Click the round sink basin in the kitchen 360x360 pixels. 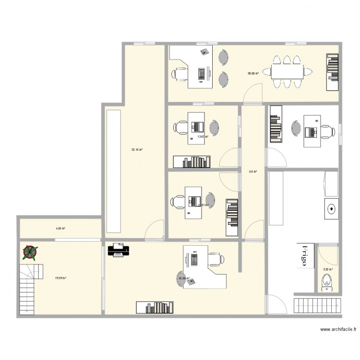click(331, 209)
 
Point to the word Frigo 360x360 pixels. click(304, 255)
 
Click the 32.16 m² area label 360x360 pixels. click(137, 150)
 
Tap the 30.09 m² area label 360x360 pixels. click(253, 73)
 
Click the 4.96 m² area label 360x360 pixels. click(60, 228)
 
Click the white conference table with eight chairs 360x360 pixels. click(287, 72)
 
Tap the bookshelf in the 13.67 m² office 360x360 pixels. click(192, 162)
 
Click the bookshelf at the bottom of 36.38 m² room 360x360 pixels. click(154, 307)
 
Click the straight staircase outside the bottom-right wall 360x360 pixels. click(316, 305)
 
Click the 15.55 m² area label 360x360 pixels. click(60, 278)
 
